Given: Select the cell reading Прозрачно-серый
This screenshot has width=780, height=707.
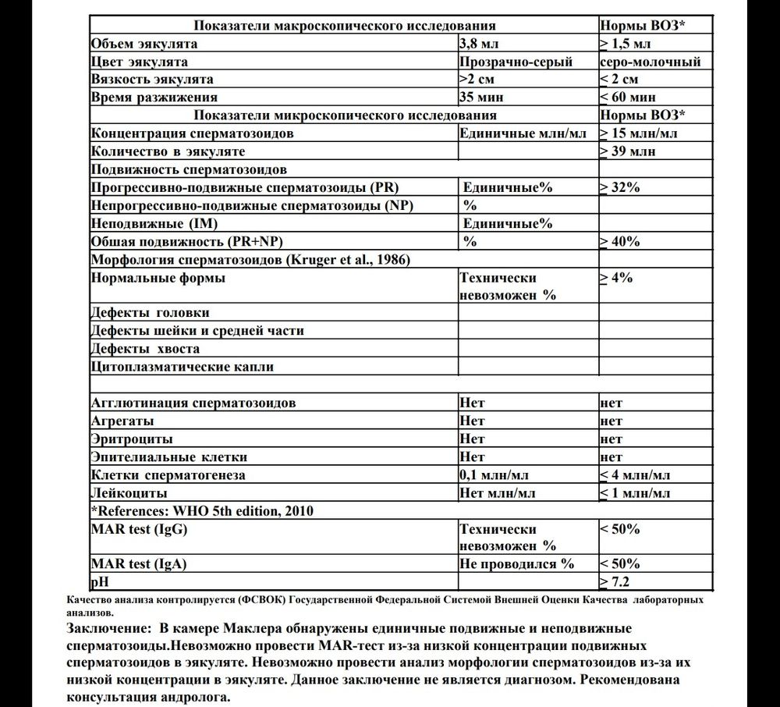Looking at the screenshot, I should (516, 62).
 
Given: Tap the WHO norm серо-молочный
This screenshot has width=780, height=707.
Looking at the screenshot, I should (651, 62).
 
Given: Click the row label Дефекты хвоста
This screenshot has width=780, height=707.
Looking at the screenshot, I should (145, 349).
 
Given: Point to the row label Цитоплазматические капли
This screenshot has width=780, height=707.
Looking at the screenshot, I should (182, 367).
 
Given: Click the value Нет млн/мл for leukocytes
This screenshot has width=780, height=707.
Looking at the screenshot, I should (497, 493).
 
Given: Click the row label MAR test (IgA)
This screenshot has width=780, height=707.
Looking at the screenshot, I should (140, 563).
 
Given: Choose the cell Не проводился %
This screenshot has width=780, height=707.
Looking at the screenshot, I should (516, 563).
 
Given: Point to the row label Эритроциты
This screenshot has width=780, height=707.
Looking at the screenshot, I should (132, 439).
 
